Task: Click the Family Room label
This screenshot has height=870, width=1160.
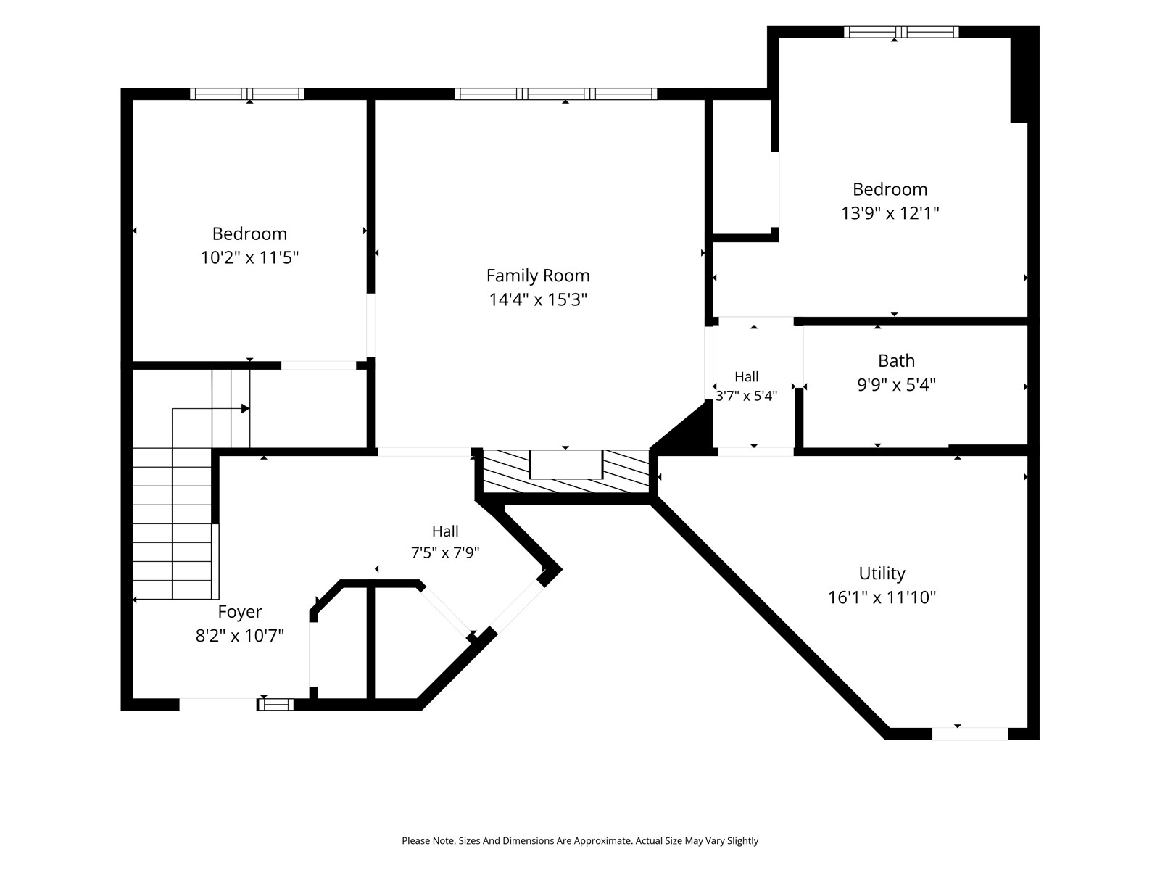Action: tap(538, 275)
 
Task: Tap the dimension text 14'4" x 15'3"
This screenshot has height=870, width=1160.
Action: tap(538, 299)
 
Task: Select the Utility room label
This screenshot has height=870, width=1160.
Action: tap(882, 573)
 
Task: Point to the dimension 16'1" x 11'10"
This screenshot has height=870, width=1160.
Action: tap(882, 597)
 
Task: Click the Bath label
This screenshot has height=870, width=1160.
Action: tap(896, 361)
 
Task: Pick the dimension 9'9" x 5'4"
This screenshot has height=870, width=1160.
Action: tap(896, 384)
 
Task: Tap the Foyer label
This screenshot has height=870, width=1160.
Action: tap(240, 612)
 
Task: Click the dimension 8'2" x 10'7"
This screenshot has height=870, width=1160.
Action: tap(240, 636)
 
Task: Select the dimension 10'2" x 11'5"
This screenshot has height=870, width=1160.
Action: tap(249, 258)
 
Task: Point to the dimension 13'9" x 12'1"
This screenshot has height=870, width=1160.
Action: tap(890, 213)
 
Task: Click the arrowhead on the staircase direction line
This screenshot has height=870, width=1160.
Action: tap(245, 408)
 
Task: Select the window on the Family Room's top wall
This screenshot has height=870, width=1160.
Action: tap(556, 94)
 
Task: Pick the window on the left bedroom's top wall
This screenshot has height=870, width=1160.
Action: tap(247, 94)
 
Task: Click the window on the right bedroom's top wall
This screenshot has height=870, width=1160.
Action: tap(901, 32)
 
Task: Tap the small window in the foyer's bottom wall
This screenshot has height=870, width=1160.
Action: tap(275, 704)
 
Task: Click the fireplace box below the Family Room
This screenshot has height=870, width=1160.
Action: tap(566, 464)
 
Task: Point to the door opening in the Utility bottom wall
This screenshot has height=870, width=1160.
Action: tap(970, 734)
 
